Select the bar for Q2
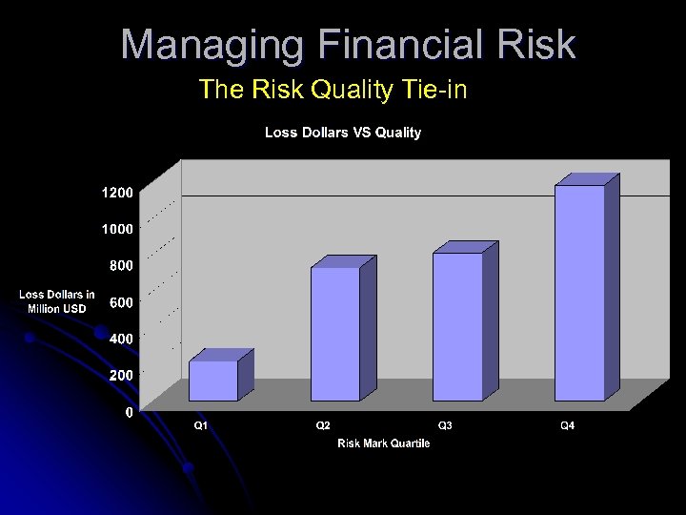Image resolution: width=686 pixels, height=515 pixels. [x=335, y=334]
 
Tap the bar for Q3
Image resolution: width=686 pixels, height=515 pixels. [x=457, y=326]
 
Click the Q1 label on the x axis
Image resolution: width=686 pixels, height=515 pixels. [x=201, y=425]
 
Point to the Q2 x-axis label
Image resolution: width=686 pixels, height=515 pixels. [x=323, y=425]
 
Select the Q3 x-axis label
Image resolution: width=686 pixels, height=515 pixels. [x=445, y=425]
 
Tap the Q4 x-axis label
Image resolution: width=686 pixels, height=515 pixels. [x=567, y=425]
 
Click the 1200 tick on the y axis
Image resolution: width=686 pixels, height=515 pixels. [x=117, y=193]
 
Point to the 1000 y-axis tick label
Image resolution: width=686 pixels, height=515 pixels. [x=117, y=229]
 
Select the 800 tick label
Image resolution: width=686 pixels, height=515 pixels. [x=121, y=265]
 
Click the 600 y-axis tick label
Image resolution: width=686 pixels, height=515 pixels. [x=121, y=302]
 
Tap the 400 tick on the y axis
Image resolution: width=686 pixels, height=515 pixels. [x=121, y=339]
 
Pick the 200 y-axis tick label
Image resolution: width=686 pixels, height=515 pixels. [x=121, y=376]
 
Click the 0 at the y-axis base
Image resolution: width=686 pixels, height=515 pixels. [x=129, y=412]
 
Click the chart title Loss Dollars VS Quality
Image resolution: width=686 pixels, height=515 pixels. [x=342, y=133]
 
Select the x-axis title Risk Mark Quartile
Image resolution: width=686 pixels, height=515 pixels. [x=383, y=443]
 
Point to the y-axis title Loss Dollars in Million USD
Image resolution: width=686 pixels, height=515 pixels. [x=57, y=302]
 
